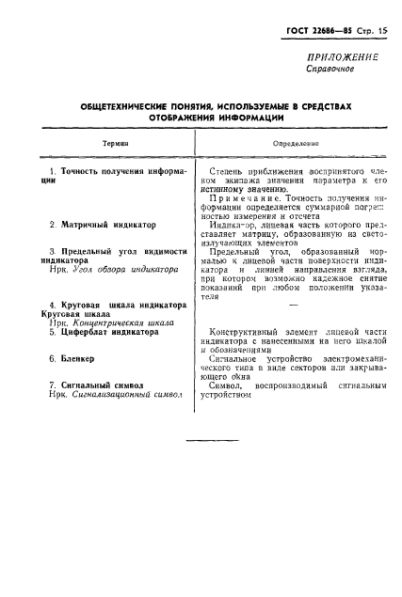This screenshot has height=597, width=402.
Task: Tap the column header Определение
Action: pos(295,143)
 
